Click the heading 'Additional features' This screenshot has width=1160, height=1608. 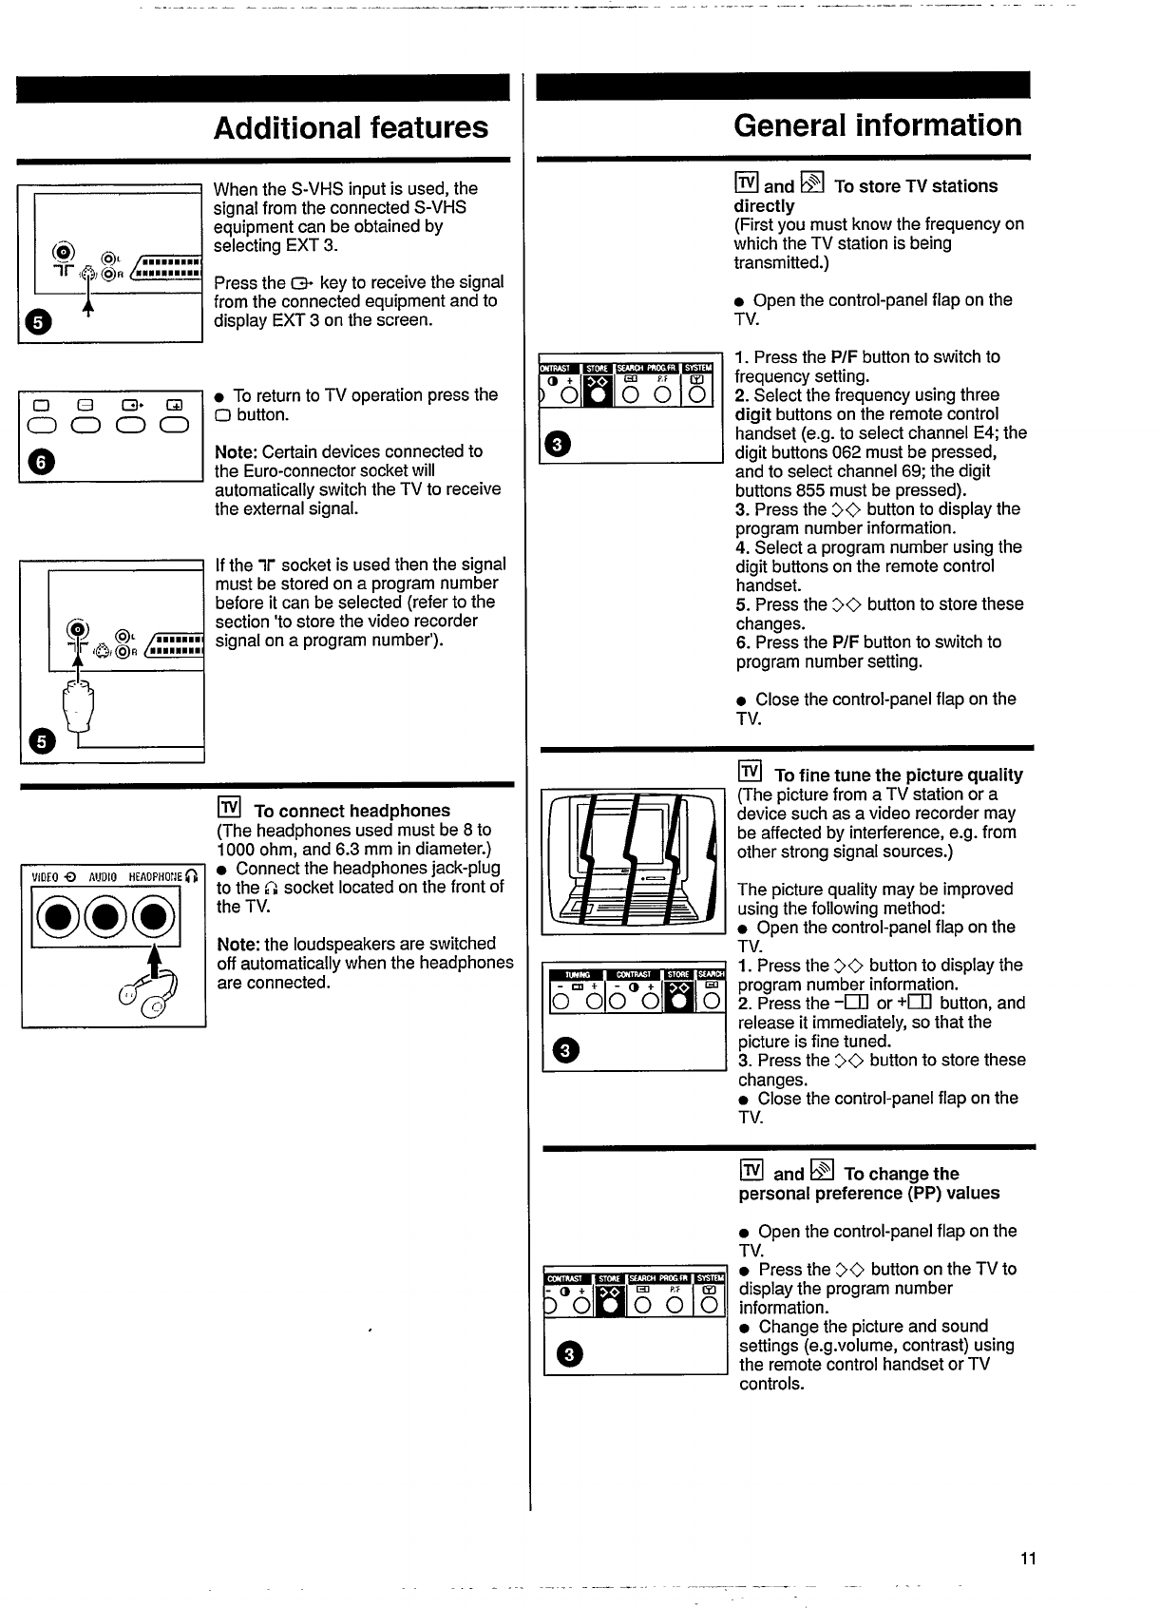click(x=351, y=128)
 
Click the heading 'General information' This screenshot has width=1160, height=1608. click(x=877, y=125)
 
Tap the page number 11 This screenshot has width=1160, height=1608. click(x=1028, y=1559)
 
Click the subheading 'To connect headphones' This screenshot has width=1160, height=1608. click(x=352, y=811)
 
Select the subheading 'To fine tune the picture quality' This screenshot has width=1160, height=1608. click(x=898, y=775)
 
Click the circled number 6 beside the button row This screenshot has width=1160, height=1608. click(x=38, y=463)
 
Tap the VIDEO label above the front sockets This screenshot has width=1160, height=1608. click(x=46, y=876)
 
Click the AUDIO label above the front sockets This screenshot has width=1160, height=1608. click(x=103, y=876)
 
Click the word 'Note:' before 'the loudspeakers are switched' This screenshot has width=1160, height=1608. click(x=238, y=944)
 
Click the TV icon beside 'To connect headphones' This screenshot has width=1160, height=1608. click(x=229, y=808)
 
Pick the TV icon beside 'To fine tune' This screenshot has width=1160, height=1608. click(x=750, y=772)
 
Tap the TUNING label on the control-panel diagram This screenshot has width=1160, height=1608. click(x=578, y=973)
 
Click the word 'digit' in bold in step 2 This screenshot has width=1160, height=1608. click(x=752, y=414)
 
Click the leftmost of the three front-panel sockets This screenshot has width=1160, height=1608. click(x=55, y=919)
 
